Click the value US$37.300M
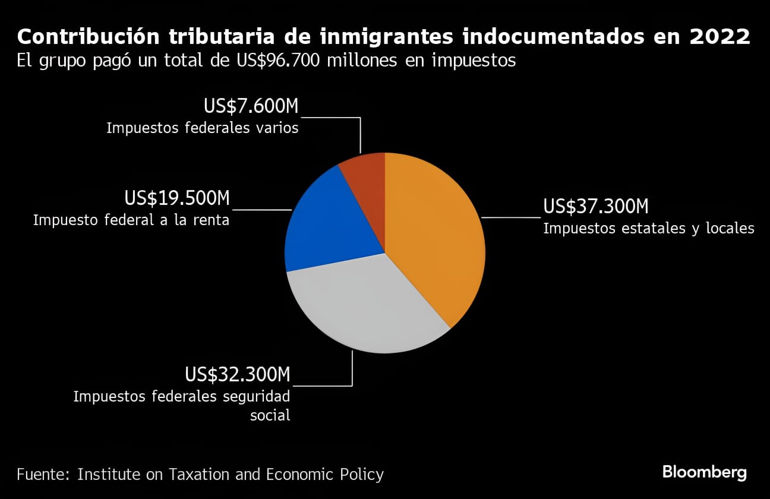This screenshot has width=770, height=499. pos(596,207)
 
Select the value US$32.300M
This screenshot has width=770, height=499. pos(237,375)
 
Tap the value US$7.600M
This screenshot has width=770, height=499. pos(251,106)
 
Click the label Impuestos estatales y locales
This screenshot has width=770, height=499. pos(649,228)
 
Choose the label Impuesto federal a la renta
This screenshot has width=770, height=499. pos(131,220)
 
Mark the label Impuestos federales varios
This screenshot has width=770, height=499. pos(202,128)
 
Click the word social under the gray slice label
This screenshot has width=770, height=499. pos(270,415)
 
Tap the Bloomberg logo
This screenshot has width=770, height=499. pos(705,473)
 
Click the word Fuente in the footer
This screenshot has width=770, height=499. pos(42,474)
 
